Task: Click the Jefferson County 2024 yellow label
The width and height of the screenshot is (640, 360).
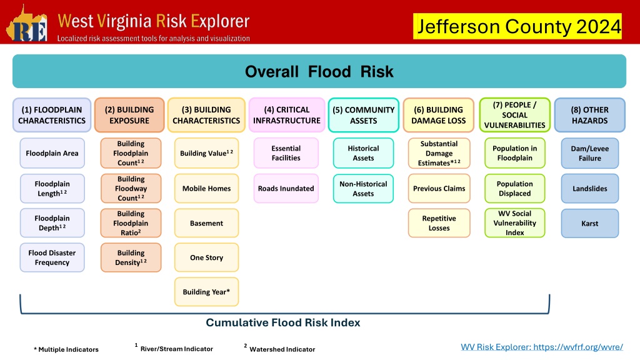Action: (x=517, y=26)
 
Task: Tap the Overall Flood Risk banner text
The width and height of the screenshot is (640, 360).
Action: (x=319, y=72)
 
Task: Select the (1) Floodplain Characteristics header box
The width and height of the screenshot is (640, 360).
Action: (x=52, y=115)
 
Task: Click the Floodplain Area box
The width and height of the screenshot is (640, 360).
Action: (x=52, y=153)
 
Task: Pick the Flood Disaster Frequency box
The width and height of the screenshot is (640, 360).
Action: (x=52, y=257)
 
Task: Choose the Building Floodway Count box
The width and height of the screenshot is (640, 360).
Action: (x=131, y=189)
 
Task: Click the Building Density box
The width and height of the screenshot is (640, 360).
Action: (x=131, y=257)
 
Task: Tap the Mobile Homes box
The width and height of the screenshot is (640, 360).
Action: (x=206, y=189)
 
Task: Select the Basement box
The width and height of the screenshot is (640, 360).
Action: (x=206, y=223)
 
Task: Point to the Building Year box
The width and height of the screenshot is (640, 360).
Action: (x=206, y=292)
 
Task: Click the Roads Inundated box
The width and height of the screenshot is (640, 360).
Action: (x=286, y=189)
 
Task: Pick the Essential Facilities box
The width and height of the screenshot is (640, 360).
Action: (x=286, y=153)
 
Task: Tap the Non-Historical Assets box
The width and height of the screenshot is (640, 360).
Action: (x=363, y=189)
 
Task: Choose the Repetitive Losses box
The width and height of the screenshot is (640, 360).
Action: (x=439, y=223)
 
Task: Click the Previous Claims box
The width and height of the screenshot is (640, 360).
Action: (x=439, y=189)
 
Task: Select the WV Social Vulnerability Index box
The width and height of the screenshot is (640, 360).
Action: (x=515, y=223)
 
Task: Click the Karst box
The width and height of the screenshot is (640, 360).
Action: (x=590, y=223)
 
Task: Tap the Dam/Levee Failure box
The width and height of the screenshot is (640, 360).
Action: (x=590, y=153)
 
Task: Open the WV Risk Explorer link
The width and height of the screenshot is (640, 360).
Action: (x=542, y=347)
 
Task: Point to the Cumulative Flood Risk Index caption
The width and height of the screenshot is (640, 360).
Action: (x=283, y=323)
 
